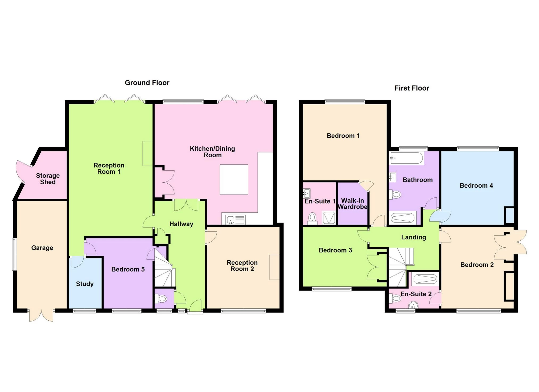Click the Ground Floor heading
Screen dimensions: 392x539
147,83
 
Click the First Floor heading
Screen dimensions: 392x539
412,88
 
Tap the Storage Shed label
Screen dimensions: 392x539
48,179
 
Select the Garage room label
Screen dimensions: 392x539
42,248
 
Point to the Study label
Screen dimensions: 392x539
85,284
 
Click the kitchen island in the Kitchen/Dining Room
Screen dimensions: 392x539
234,179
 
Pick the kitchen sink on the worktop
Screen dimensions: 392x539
231,220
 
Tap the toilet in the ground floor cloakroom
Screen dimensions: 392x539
162,299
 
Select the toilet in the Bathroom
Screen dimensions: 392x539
396,195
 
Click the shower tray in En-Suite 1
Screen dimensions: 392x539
328,218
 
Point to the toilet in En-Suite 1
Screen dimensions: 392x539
312,218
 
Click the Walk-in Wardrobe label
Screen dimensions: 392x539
352,204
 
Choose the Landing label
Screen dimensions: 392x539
413,237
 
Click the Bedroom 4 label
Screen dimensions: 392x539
476,185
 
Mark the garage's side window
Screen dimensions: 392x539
14,254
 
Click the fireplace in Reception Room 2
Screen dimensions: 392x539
274,267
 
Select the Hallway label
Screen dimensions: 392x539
181,224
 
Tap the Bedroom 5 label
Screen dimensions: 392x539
128,269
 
